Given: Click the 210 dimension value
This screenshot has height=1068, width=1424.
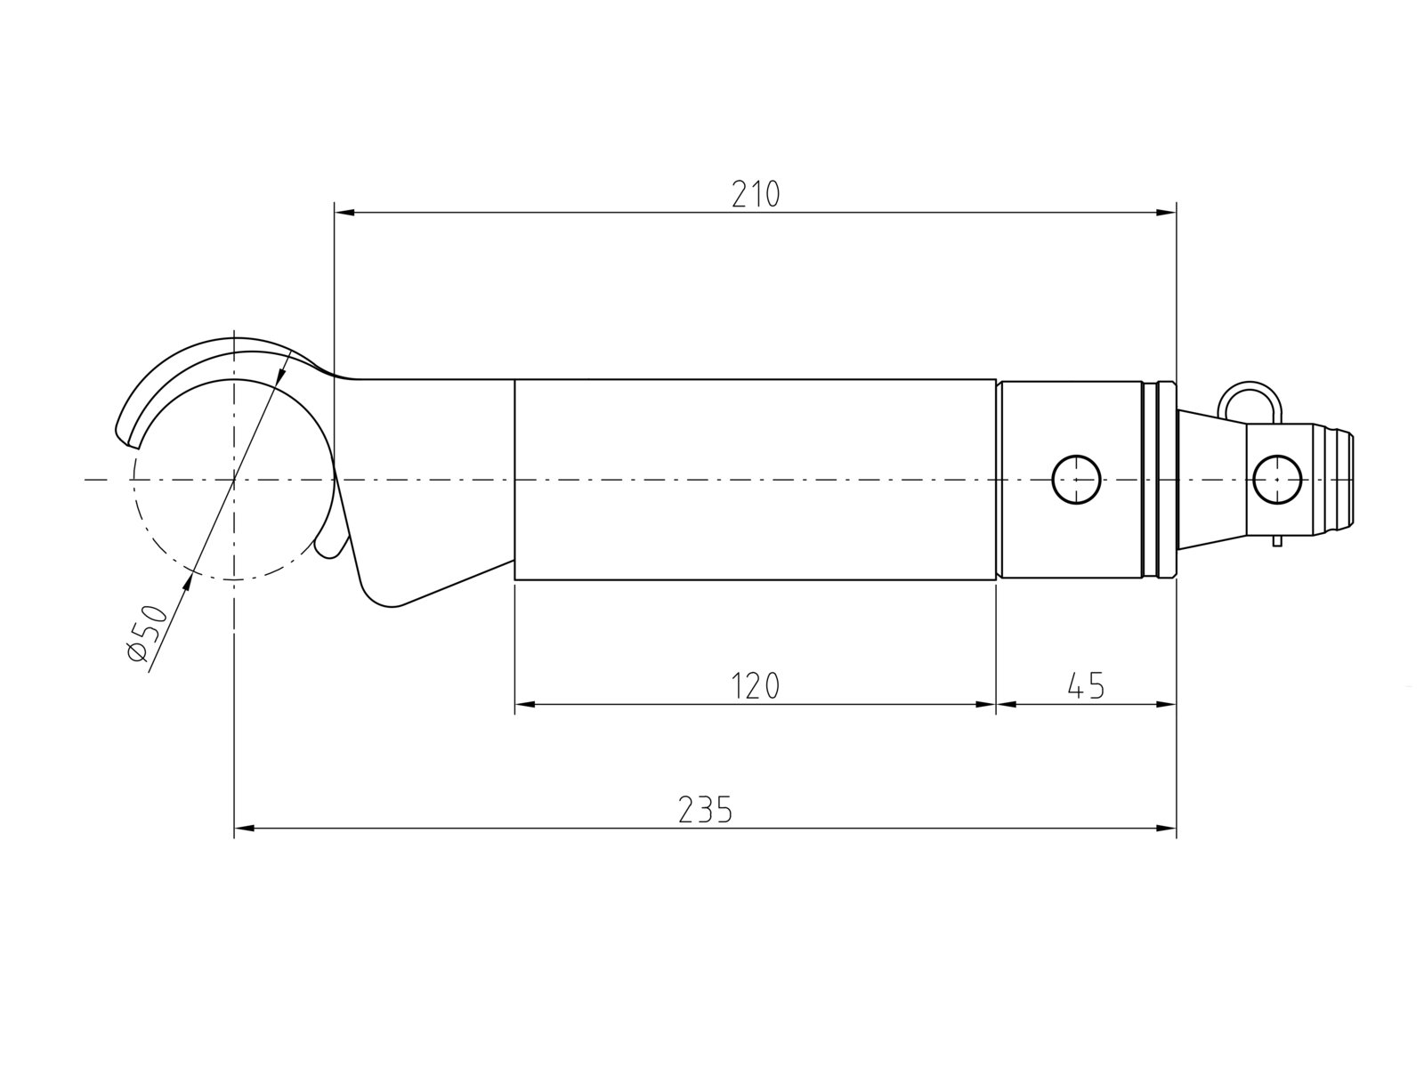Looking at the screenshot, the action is (x=755, y=194).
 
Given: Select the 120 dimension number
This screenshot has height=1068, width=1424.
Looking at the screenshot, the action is (x=755, y=685).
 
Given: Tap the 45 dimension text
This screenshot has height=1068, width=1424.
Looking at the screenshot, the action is (x=1085, y=685).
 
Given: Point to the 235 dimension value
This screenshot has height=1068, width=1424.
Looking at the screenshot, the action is (x=705, y=809).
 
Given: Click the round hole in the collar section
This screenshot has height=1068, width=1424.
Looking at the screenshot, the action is (x=1076, y=479).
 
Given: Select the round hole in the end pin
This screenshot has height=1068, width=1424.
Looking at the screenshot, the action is (x=1277, y=479).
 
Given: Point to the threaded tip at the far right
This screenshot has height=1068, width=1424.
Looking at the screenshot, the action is (x=1333, y=479).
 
